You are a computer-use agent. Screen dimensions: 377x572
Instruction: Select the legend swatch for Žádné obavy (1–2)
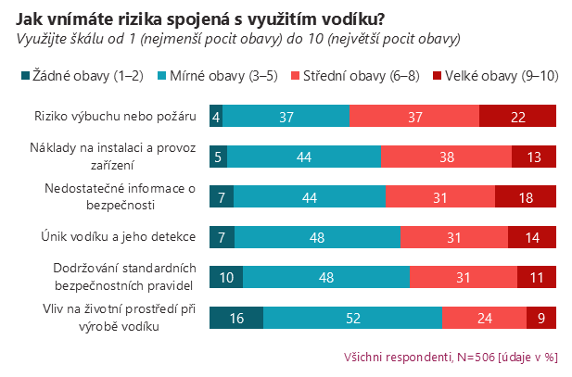click(x=23, y=75)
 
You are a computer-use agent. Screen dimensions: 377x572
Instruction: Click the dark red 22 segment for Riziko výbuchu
click(x=517, y=116)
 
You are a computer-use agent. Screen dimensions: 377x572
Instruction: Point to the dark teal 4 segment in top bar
click(x=216, y=116)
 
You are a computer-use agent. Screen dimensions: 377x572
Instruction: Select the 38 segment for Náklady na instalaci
click(x=446, y=157)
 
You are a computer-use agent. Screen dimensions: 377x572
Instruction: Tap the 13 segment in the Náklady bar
click(x=534, y=157)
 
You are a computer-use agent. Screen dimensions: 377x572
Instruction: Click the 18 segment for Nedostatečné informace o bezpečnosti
click(x=526, y=196)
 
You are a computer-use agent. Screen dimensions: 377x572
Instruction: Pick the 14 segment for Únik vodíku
click(x=532, y=237)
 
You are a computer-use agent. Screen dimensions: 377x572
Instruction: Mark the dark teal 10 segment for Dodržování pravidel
click(x=226, y=277)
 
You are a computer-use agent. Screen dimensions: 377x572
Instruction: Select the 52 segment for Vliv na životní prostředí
click(x=353, y=318)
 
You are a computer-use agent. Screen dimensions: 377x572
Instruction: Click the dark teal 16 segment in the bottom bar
click(x=236, y=318)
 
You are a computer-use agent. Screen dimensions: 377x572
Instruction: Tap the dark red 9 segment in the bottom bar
click(x=541, y=318)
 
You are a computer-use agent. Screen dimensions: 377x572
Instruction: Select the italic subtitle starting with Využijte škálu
click(x=237, y=40)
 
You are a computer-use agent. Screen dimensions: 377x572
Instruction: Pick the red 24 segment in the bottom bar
click(x=484, y=318)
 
